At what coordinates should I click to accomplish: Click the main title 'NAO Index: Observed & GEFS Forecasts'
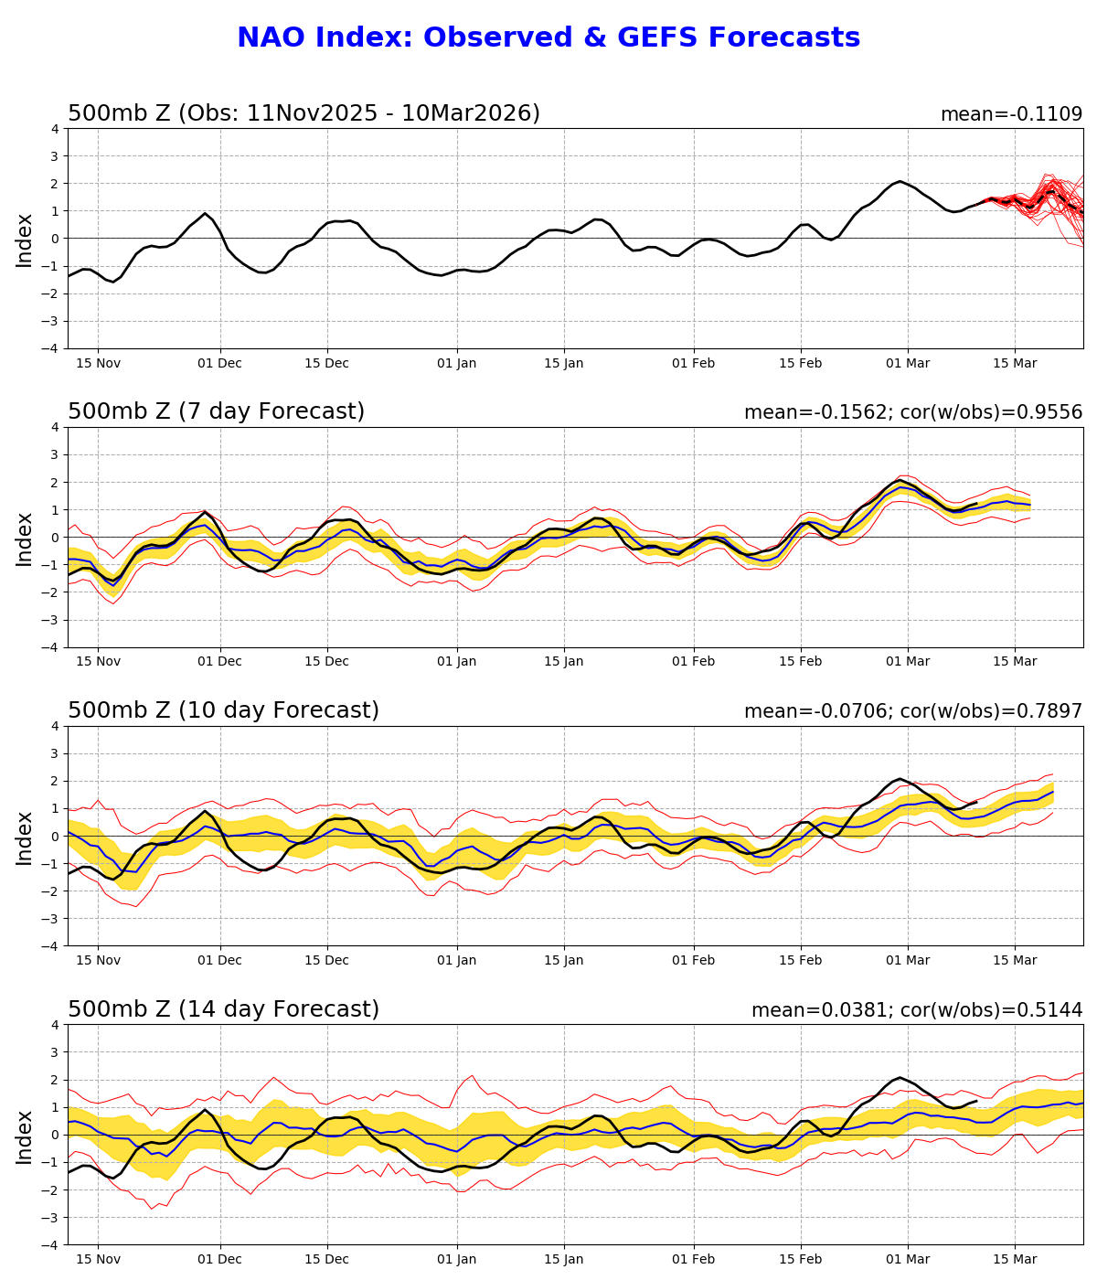pyautogui.click(x=548, y=38)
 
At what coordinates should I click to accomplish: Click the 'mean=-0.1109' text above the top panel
pyautogui.click(x=1011, y=114)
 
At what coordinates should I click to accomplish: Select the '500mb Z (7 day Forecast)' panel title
pyautogui.click(x=216, y=411)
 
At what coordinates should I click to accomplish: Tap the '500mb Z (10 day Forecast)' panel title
pyautogui.click(x=223, y=710)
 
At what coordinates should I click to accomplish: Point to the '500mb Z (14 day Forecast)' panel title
pyautogui.click(x=223, y=1009)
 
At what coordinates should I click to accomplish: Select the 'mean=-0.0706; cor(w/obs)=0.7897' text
pyautogui.click(x=912, y=711)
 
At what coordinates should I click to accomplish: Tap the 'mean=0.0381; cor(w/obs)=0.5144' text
pyautogui.click(x=916, y=1010)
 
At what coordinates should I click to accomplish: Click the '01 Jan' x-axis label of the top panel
pyautogui.click(x=456, y=363)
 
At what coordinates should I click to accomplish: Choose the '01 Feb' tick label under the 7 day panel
pyautogui.click(x=693, y=662)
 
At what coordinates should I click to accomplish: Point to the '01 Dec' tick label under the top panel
pyautogui.click(x=219, y=363)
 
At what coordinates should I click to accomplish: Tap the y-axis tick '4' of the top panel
pyautogui.click(x=55, y=129)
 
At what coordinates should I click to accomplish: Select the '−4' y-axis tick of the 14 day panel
pyautogui.click(x=51, y=1244)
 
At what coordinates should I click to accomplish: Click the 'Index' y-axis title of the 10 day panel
pyautogui.click(x=25, y=837)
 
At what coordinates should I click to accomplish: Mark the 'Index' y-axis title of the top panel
pyautogui.click(x=25, y=240)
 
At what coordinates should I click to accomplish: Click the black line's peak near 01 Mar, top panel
pyautogui.click(x=900, y=181)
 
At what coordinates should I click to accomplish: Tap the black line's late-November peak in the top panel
pyautogui.click(x=205, y=213)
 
